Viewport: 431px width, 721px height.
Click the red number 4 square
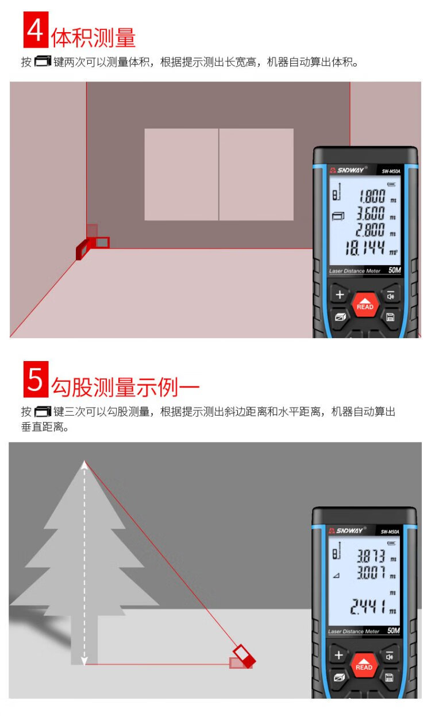click(36, 30)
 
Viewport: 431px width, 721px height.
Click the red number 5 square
click(36, 379)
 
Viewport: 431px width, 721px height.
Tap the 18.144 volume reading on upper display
click(365, 249)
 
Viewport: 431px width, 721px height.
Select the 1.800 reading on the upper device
click(372, 196)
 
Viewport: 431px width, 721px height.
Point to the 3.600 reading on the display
click(371, 213)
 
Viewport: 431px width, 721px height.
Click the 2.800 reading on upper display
click(371, 230)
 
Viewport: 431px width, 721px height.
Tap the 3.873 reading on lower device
click(371, 556)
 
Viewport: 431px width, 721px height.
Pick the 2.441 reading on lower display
click(368, 607)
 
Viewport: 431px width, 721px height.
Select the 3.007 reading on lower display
click(371, 573)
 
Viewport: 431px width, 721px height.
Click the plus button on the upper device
click(340, 294)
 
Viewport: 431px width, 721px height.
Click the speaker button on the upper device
click(390, 296)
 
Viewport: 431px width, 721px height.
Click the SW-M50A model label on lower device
click(390, 532)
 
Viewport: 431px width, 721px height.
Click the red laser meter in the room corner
click(93, 243)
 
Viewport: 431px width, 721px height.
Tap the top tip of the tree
click(84, 461)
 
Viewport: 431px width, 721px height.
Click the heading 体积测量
click(94, 38)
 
